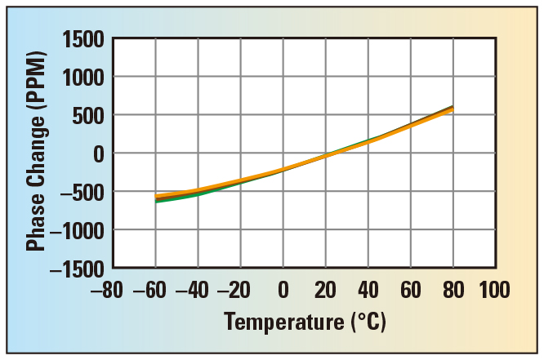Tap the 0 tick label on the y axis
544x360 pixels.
click(99, 153)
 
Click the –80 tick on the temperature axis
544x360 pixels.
click(109, 290)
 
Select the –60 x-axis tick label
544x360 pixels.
click(152, 290)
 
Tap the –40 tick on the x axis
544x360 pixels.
click(194, 290)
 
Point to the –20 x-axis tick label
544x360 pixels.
click(237, 290)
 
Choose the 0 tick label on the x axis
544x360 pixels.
click(283, 290)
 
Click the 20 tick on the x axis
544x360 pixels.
click(326, 290)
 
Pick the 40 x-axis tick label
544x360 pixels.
click(368, 290)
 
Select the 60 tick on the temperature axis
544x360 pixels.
click(411, 290)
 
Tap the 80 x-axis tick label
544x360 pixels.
click(453, 290)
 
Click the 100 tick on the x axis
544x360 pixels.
click(494, 290)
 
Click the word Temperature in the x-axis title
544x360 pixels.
click(275, 322)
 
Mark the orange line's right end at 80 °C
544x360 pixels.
click(453, 109)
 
